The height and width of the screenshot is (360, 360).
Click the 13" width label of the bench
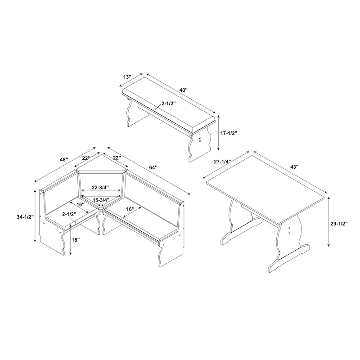click(x=127, y=76)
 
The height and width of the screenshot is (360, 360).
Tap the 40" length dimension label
click(x=184, y=90)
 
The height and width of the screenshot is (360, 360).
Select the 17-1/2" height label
click(x=229, y=133)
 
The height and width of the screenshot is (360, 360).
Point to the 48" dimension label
click(x=63, y=159)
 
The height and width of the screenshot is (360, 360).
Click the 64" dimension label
click(x=153, y=167)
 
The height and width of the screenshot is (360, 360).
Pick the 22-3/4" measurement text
click(x=101, y=187)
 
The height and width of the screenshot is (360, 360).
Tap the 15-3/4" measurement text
click(x=101, y=200)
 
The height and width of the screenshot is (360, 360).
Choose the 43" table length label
click(x=294, y=166)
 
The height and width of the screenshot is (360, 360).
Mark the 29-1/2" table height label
click(x=340, y=223)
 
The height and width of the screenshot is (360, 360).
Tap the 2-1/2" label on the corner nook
click(x=69, y=214)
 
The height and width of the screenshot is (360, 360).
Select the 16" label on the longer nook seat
click(x=130, y=209)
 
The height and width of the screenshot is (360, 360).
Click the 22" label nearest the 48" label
click(x=86, y=158)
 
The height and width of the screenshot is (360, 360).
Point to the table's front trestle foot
click(x=288, y=259)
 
